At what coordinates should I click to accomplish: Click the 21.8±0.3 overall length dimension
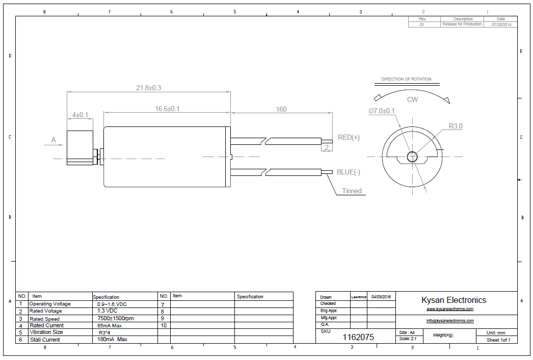[148, 88]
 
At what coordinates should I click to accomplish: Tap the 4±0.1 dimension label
[80, 115]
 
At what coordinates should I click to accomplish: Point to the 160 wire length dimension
[281, 109]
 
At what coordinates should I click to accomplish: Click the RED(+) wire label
[349, 138]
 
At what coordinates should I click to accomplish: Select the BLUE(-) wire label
[349, 172]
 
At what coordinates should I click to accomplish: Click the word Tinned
[352, 191]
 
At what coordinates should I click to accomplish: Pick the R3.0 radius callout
[456, 126]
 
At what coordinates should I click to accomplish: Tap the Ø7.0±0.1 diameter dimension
[382, 111]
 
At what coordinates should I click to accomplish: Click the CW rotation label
[412, 99]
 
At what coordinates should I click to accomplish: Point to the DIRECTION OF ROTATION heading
[406, 79]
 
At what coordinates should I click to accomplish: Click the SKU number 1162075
[358, 337]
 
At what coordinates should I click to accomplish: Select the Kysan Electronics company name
[454, 300]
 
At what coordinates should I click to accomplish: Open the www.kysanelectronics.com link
[450, 309]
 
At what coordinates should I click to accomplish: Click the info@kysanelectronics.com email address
[450, 321]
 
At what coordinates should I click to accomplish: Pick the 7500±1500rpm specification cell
[115, 319]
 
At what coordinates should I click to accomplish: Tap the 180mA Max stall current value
[113, 339]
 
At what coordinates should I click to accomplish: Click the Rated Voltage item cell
[46, 311]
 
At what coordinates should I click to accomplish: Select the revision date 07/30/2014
[501, 24]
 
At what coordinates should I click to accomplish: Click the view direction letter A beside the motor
[53, 140]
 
